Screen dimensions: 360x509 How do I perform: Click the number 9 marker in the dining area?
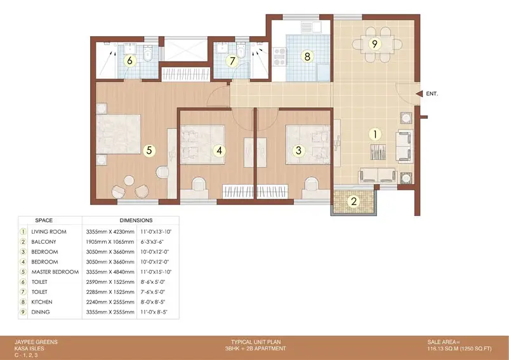375,44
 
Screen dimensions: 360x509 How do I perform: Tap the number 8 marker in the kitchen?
307,57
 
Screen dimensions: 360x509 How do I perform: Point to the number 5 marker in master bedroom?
149,150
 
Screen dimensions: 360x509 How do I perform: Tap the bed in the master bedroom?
119,134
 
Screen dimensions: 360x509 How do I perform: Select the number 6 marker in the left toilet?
130,61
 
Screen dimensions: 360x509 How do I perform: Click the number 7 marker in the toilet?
232,61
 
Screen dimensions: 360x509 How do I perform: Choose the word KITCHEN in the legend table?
44,302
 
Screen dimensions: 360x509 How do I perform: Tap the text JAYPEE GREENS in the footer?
36,342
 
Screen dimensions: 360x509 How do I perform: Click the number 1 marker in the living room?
375,134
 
